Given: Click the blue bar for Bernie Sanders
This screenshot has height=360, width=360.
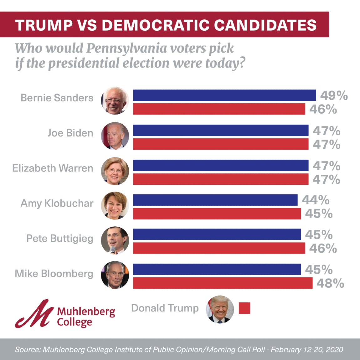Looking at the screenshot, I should pyautogui.click(x=224, y=95).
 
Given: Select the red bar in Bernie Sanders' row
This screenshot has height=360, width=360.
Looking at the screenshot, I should pyautogui.click(x=219, y=109).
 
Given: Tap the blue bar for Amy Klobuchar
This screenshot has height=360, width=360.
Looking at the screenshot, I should pyautogui.click(x=215, y=200).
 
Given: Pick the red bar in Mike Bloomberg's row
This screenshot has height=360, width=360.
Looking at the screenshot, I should pyautogui.click(x=223, y=283).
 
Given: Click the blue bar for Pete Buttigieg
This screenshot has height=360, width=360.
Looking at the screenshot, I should pyautogui.click(x=217, y=234).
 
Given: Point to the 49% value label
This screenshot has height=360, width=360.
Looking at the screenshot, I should pyautogui.click(x=334, y=95).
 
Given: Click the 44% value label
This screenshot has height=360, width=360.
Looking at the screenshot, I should pyautogui.click(x=316, y=200).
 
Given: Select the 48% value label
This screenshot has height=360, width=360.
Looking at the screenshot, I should pyautogui.click(x=330, y=284).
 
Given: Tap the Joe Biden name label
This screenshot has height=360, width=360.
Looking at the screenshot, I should pyautogui.click(x=70, y=133).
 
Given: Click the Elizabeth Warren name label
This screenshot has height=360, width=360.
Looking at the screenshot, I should pyautogui.click(x=53, y=168).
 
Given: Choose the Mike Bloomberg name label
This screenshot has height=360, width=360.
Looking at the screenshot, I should pyautogui.click(x=54, y=274).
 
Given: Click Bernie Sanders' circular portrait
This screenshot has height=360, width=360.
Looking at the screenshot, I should pyautogui.click(x=115, y=101).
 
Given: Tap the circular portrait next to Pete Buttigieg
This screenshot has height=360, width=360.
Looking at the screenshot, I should pyautogui.click(x=115, y=240).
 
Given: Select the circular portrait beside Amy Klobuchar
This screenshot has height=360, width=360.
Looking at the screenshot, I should pyautogui.click(x=115, y=205).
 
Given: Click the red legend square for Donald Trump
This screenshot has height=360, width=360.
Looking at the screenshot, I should pyautogui.click(x=244, y=308).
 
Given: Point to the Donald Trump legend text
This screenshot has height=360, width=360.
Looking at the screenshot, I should pyautogui.click(x=165, y=308).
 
